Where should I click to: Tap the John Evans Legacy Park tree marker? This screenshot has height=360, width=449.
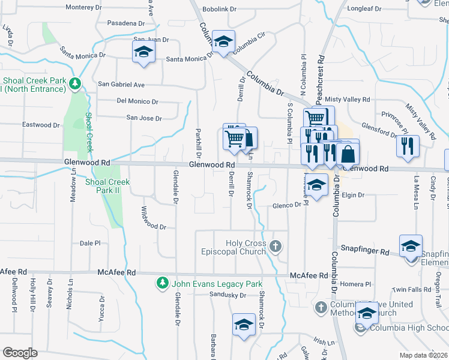click(161, 283)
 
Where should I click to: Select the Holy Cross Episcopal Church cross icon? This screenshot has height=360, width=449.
click(275, 246)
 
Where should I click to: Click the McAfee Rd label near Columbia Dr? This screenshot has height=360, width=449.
click(309, 275)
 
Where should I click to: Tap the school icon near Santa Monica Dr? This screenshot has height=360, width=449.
click(144, 52)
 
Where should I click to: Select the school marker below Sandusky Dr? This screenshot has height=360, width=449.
click(244, 325)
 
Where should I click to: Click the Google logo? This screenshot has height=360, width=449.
click(20, 353)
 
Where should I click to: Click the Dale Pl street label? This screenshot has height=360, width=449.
click(90, 244)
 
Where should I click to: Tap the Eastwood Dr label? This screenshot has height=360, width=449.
click(41, 125)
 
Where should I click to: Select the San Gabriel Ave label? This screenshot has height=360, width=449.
click(121, 85)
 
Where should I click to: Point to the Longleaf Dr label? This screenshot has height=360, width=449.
click(364, 9)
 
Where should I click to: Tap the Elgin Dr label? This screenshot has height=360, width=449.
click(353, 195)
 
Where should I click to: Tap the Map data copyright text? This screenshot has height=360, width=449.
click(423, 355)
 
